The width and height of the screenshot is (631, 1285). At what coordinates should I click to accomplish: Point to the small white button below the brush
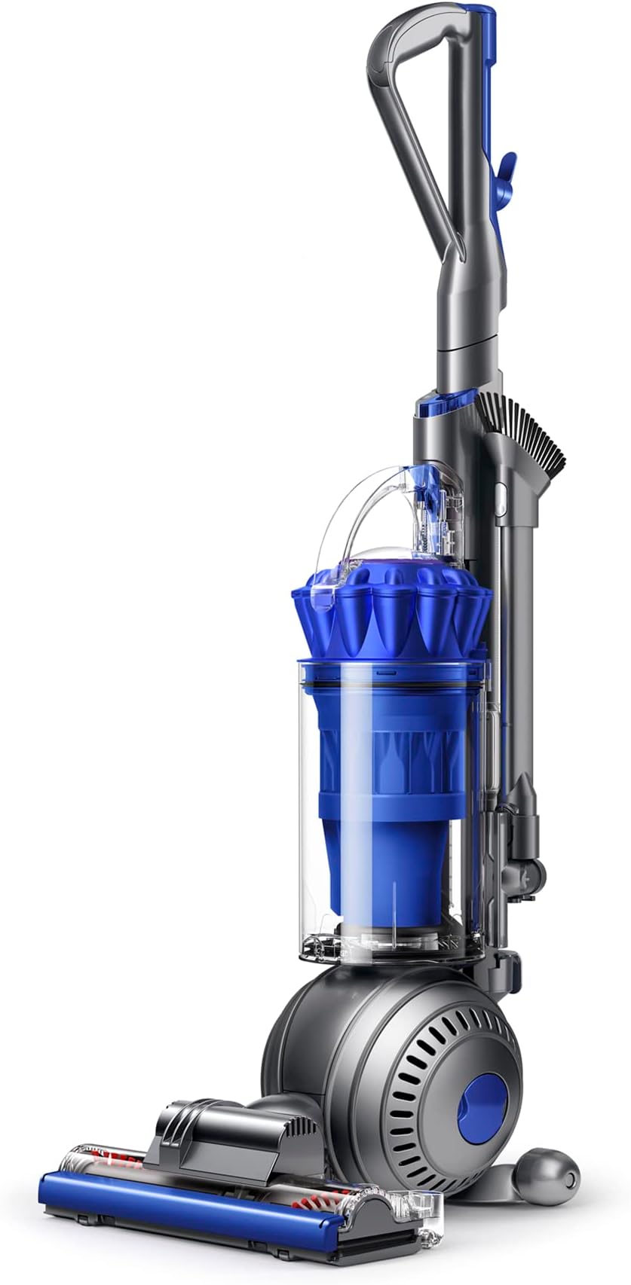coord(499,492)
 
